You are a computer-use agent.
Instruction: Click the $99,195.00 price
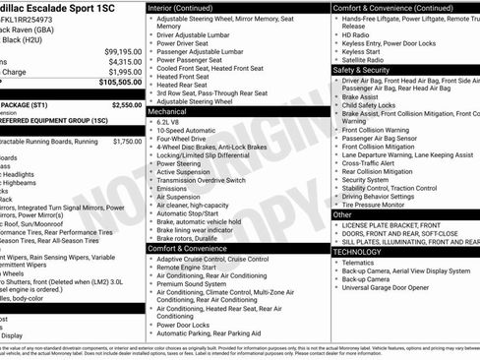pos(122,51)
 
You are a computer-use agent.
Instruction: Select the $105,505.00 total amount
pos(120,83)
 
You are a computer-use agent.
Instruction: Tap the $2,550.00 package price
pos(126,104)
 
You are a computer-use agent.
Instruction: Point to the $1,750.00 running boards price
pos(127,142)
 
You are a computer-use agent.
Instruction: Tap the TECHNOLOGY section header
pos(357,252)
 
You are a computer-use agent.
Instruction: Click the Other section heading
pos(343,214)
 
